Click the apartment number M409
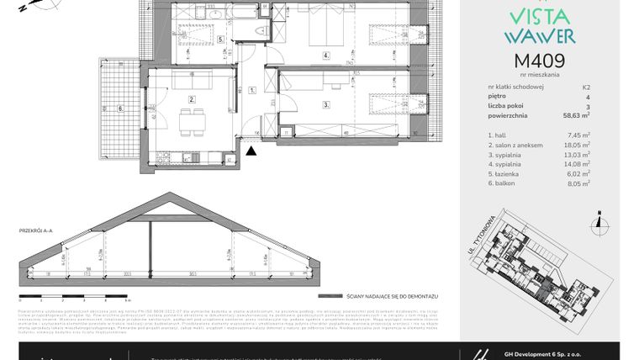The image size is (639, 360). click(x=538, y=61)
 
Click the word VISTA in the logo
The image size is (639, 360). click(x=538, y=17)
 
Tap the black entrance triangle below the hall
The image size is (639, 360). click(x=251, y=151)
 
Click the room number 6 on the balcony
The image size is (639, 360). click(x=119, y=108)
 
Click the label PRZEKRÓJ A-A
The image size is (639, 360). click(x=35, y=230)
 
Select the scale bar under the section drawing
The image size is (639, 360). click(x=71, y=296)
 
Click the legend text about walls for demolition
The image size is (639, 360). click(x=379, y=297)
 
